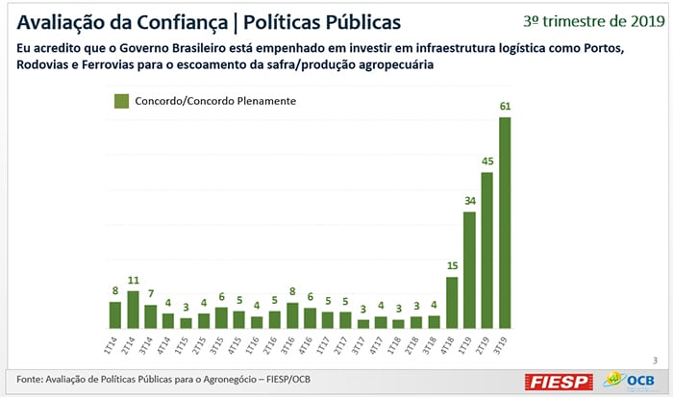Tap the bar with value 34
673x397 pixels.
(469, 270)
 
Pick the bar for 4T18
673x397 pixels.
(452, 303)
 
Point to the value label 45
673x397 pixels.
(487, 161)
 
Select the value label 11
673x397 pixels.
(133, 280)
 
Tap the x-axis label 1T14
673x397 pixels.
(115, 343)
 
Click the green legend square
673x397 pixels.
(121, 101)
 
